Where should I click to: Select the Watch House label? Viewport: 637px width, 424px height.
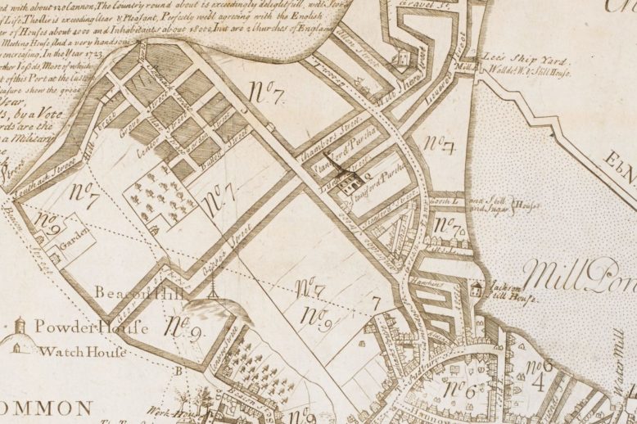click(x=89, y=352)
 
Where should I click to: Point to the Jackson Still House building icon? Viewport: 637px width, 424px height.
click(x=476, y=288)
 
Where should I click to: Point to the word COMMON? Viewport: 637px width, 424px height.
click(x=45, y=407)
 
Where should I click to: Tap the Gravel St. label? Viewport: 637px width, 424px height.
click(x=413, y=12)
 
